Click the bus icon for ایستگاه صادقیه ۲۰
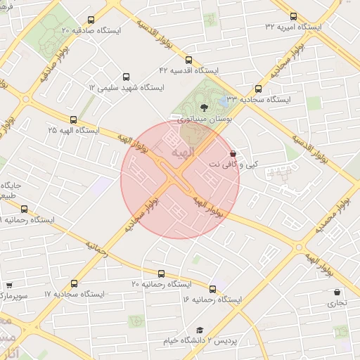90,20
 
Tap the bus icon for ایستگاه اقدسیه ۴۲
188,60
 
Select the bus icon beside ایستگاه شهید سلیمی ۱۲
127,77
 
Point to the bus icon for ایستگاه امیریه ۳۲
294,16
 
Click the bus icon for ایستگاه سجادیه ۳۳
259,89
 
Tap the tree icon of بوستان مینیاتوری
204,108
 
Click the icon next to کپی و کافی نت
233,153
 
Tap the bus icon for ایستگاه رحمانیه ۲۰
161,274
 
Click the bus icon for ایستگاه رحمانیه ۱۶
212,288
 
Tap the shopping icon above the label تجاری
337,292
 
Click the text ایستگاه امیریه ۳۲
292,27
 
